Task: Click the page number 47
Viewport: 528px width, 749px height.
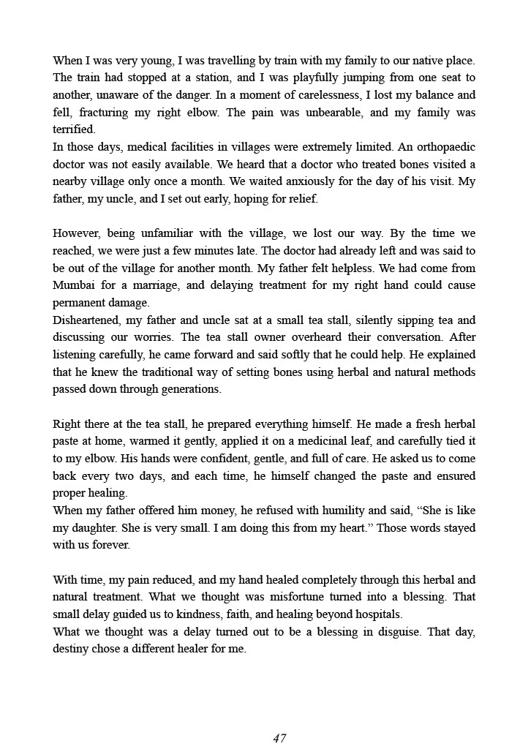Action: (279, 738)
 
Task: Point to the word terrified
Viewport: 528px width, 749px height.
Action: (74, 129)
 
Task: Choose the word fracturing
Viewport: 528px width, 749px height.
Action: (107, 113)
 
